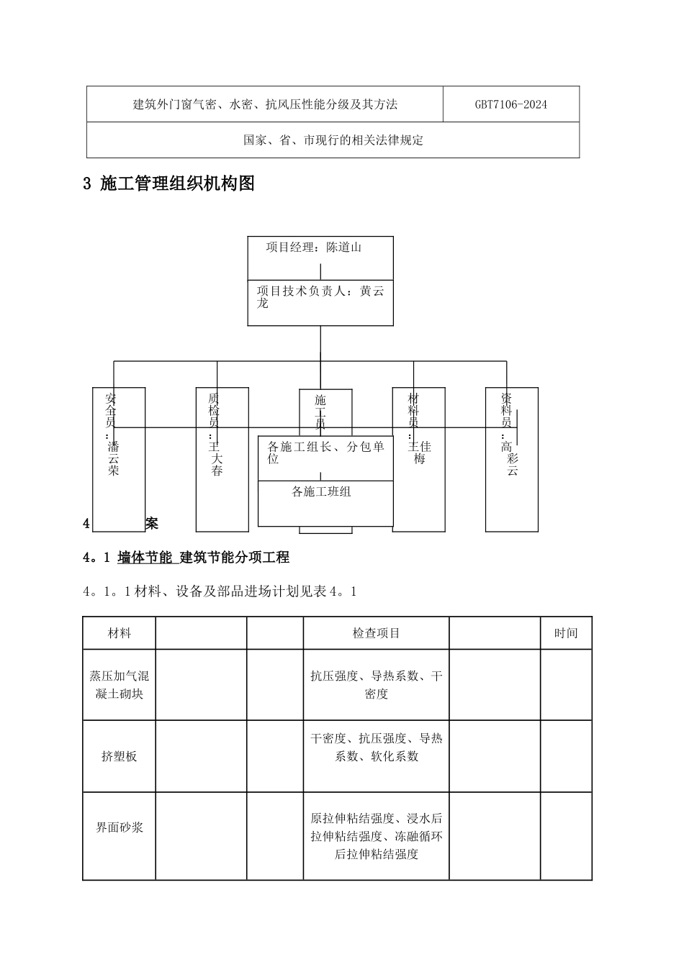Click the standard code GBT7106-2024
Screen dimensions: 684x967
(510, 104)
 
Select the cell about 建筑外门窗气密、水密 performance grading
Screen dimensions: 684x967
(265, 104)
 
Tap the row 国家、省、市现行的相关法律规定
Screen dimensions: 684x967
(333, 140)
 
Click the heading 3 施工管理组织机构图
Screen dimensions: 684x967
(169, 184)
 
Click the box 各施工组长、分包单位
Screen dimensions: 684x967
(325, 453)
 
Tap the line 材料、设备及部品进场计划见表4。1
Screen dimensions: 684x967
(220, 591)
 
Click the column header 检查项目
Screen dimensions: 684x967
(376, 633)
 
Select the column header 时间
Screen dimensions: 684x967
(566, 633)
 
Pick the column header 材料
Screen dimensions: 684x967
(120, 633)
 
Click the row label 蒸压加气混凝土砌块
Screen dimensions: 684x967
(120, 685)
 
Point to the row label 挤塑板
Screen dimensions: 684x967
(120, 756)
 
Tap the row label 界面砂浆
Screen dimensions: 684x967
(120, 827)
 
